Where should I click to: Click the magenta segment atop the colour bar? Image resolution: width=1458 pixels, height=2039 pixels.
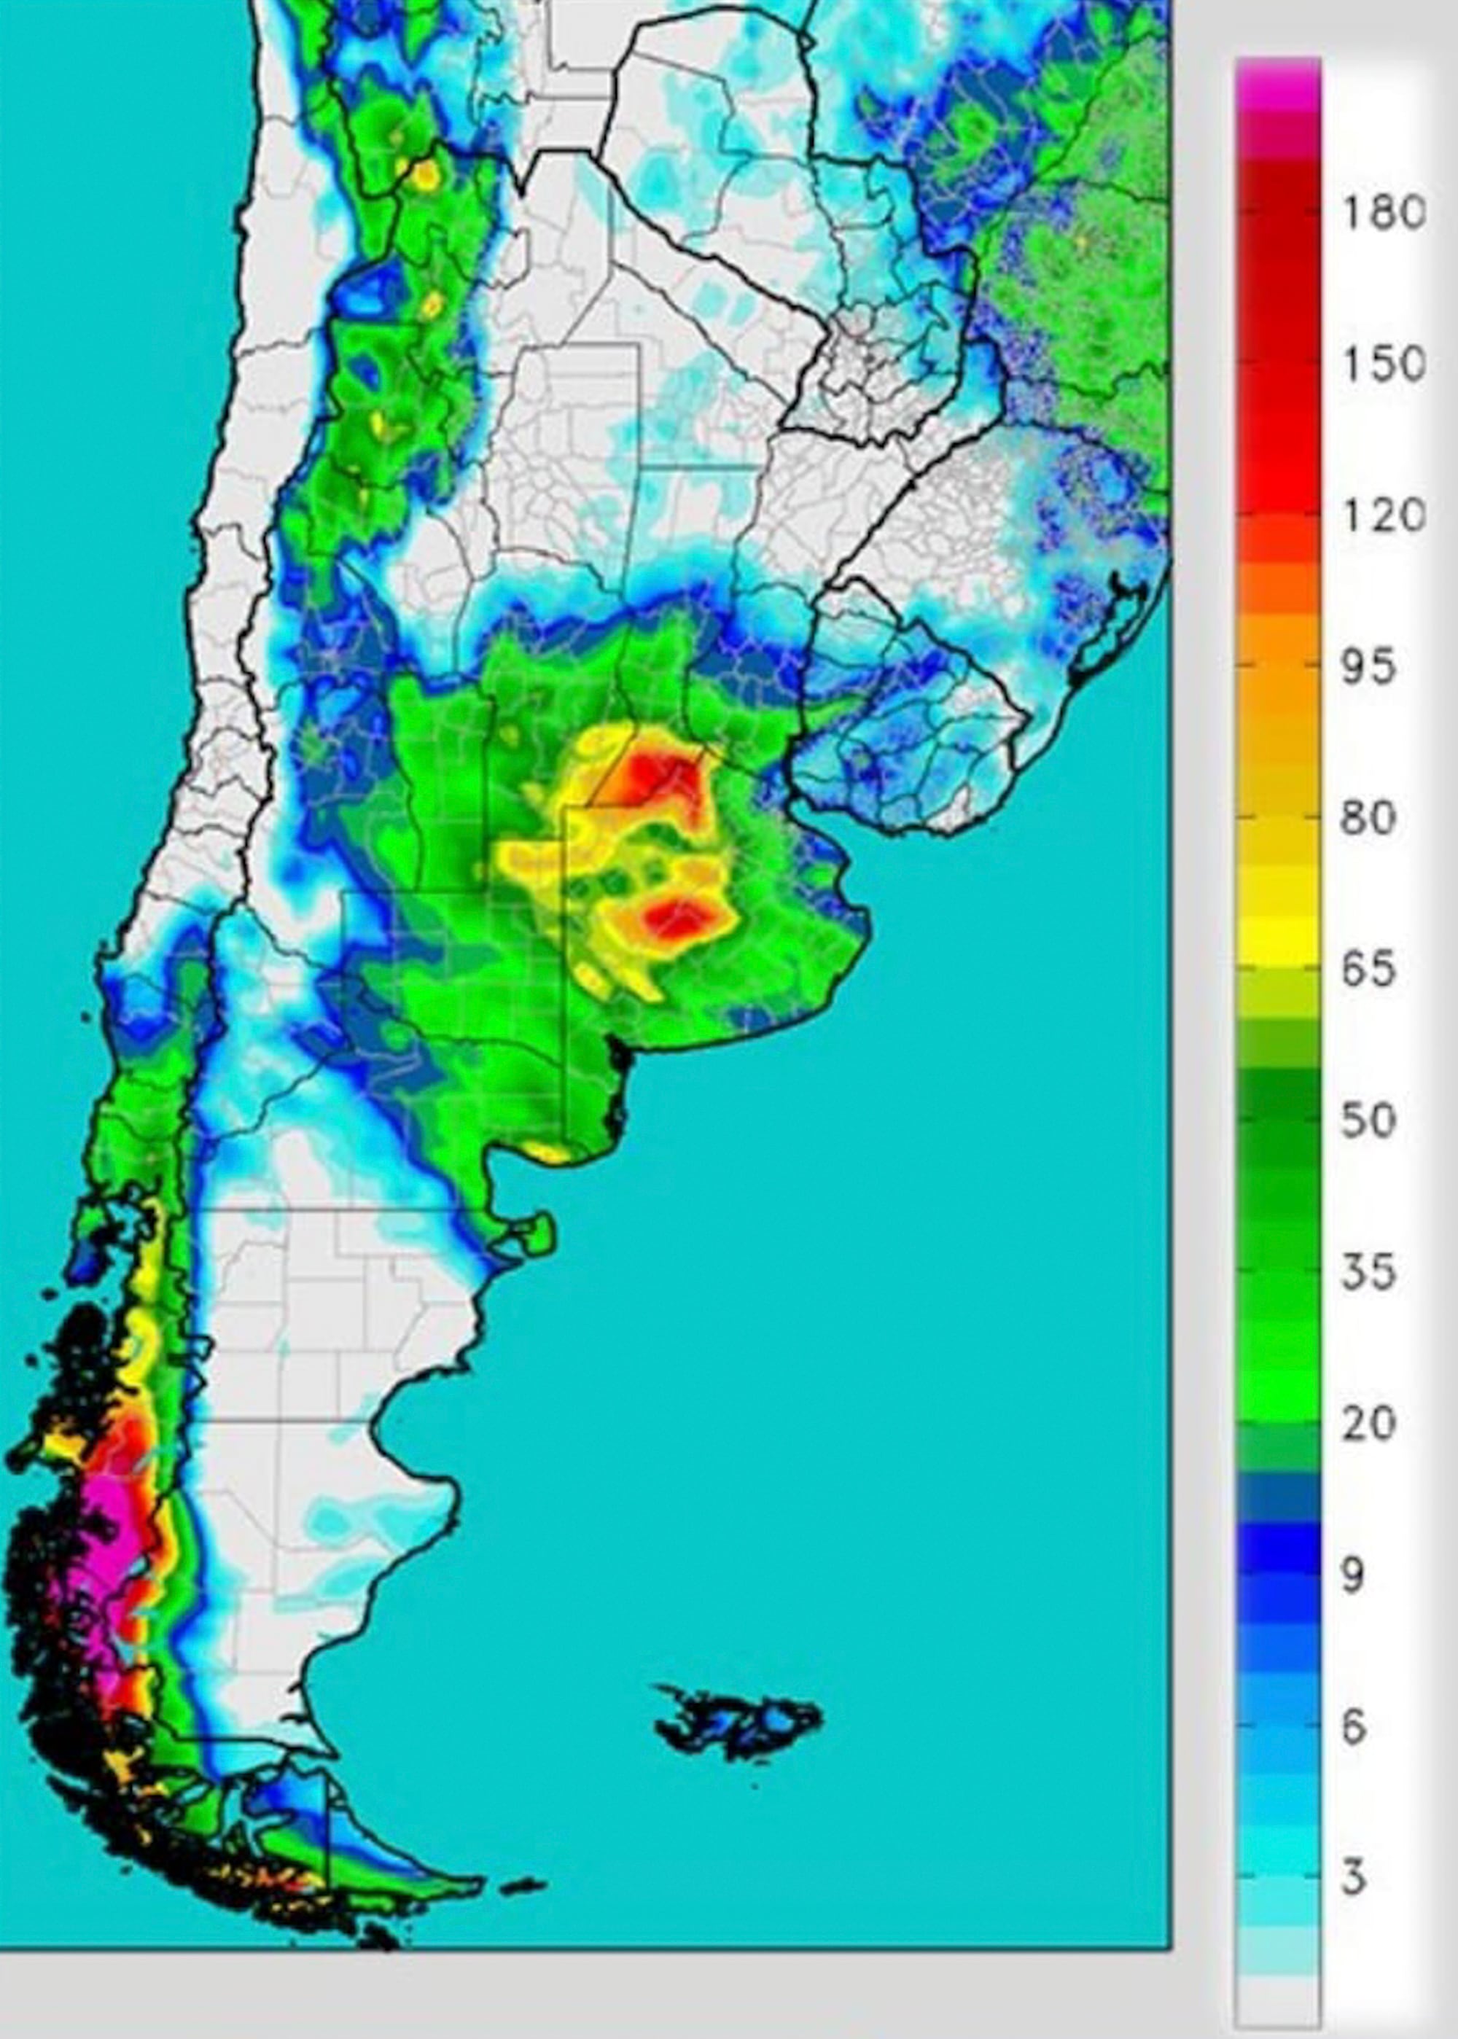tap(1277, 85)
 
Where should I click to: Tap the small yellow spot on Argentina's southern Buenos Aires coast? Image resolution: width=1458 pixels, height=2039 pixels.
tap(547, 1153)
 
